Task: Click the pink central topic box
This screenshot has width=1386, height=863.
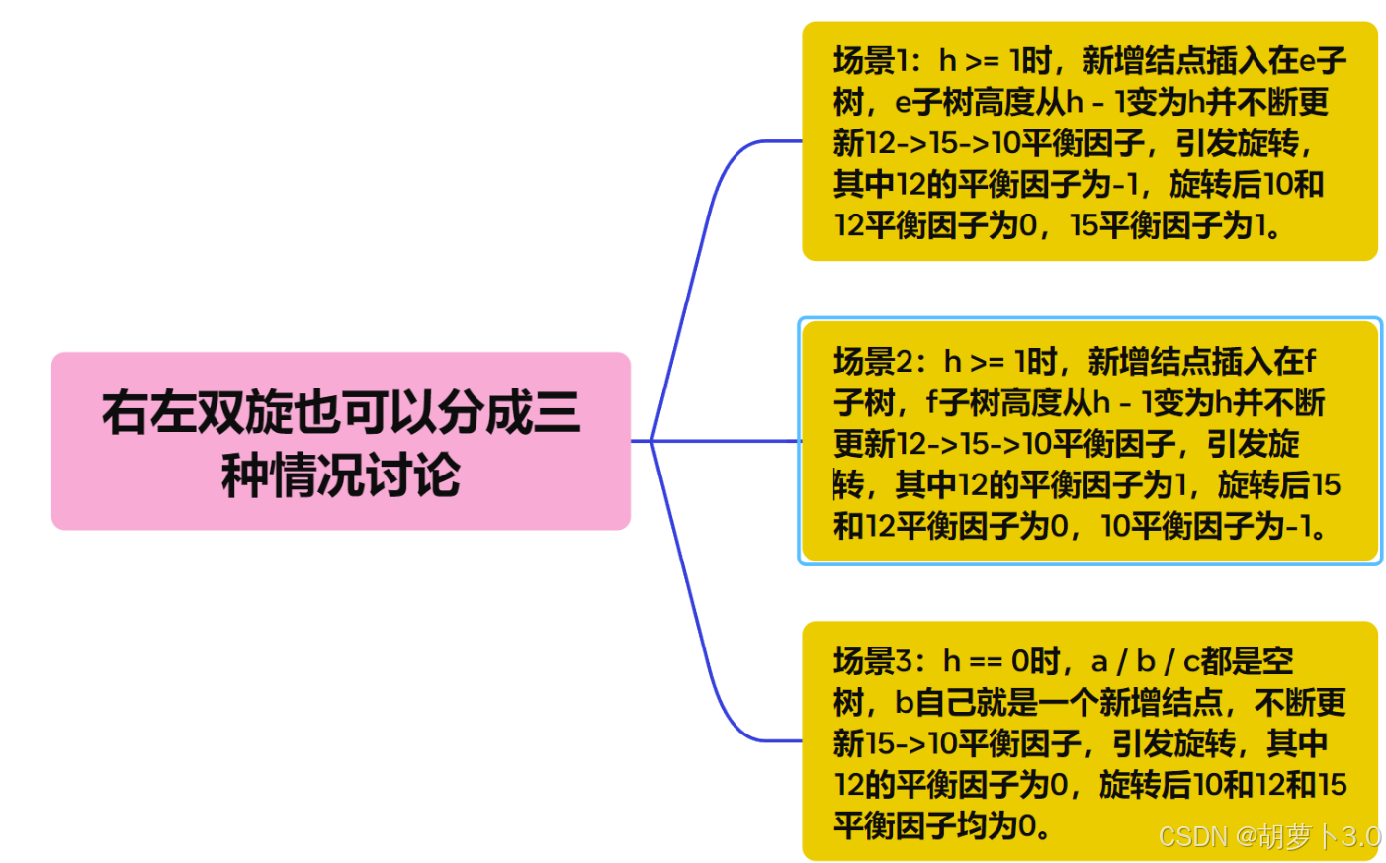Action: pos(341,441)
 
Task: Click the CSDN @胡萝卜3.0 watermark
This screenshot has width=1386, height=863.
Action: pos(1268,836)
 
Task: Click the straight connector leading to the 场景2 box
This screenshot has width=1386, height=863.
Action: pos(727,441)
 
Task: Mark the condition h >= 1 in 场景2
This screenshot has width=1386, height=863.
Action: pos(988,362)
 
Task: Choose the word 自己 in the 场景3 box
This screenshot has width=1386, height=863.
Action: pos(946,703)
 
